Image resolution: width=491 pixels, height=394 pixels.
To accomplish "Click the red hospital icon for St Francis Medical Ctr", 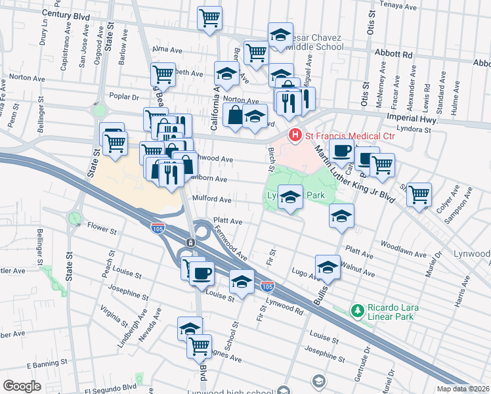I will [x=295, y=135].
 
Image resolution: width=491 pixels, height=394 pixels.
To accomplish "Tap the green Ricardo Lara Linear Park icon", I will [x=358, y=309].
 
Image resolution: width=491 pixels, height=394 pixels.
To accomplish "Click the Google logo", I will [x=22, y=386].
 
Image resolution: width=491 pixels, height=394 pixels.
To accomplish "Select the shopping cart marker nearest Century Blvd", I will [x=209, y=18].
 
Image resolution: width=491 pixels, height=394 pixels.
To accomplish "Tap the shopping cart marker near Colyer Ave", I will [x=418, y=194].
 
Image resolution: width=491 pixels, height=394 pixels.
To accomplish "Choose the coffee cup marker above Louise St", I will [x=202, y=272].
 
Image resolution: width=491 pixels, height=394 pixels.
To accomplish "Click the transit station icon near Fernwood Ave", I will [x=190, y=242].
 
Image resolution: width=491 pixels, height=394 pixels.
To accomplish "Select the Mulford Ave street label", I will [x=211, y=199].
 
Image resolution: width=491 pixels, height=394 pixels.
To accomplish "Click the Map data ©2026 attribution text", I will [x=462, y=389].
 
